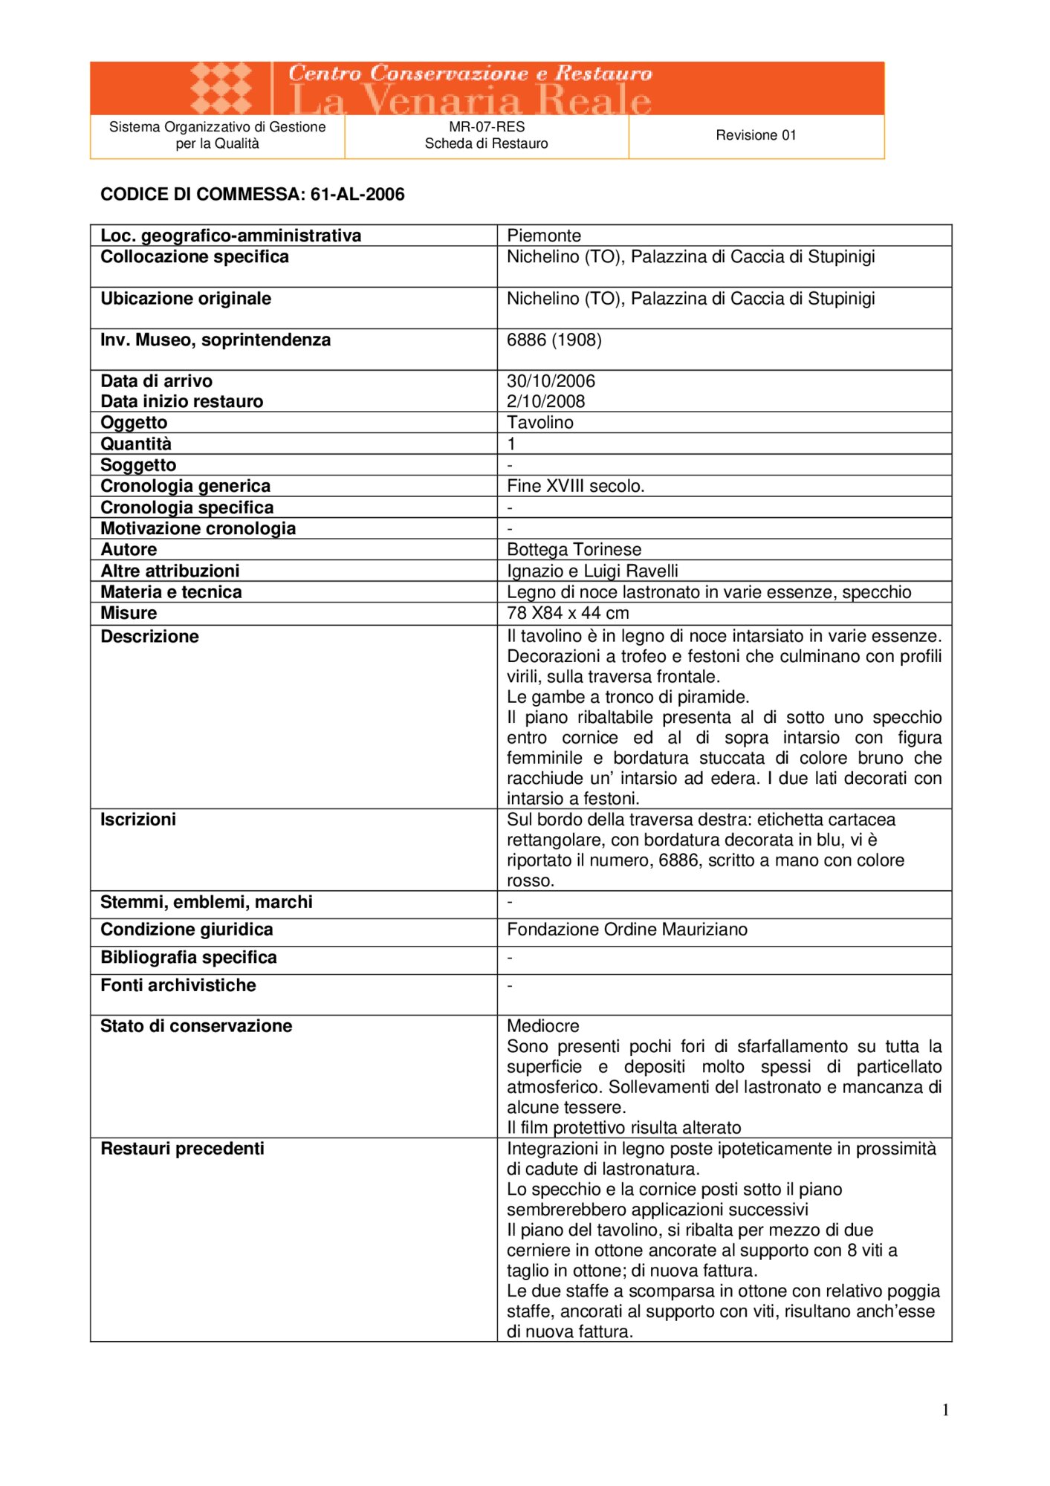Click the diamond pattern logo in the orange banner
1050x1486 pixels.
tap(221, 88)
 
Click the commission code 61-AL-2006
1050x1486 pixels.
tap(357, 195)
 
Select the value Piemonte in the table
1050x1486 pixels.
tap(544, 236)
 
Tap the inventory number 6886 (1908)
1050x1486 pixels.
tap(554, 340)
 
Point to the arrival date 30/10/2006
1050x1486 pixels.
tap(551, 381)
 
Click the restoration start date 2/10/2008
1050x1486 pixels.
tap(545, 401)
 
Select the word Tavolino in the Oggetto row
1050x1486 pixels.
tap(540, 422)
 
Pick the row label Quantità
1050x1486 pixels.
tap(136, 444)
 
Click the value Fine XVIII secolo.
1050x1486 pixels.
tap(575, 486)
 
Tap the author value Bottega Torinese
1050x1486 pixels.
tap(574, 549)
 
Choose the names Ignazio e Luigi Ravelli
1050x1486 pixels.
tap(592, 571)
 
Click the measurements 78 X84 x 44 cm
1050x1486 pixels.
tap(568, 613)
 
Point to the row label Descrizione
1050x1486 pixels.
tap(149, 637)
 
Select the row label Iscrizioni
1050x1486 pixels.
tap(138, 820)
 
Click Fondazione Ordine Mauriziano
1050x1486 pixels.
tap(627, 929)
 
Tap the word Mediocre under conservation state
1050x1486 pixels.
tap(542, 1026)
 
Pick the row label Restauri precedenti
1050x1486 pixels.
tap(182, 1149)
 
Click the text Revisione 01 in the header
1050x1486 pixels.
tap(756, 135)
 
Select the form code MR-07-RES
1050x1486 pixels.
tap(487, 127)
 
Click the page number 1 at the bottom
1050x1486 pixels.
tap(945, 1410)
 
